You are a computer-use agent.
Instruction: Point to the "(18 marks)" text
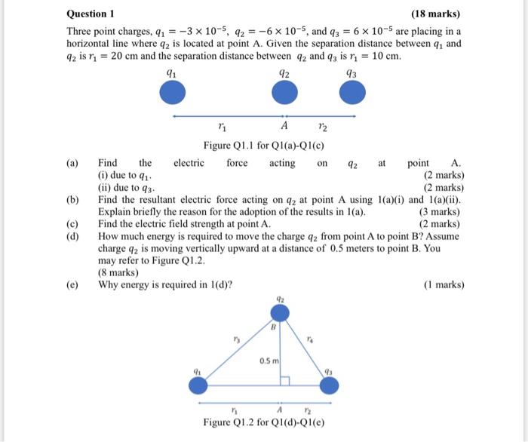[435, 14]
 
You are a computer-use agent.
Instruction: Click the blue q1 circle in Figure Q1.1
[173, 93]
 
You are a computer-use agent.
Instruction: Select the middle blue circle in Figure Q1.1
[284, 93]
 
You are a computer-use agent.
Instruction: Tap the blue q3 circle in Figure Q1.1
[351, 93]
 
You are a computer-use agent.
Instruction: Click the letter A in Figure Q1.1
[284, 126]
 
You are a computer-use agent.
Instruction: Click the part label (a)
[72, 163]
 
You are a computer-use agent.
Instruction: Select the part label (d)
[72, 235]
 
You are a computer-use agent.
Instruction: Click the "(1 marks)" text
[444, 284]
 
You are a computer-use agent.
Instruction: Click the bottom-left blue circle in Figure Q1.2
[198, 385]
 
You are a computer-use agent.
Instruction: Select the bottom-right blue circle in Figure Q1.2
[327, 385]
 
